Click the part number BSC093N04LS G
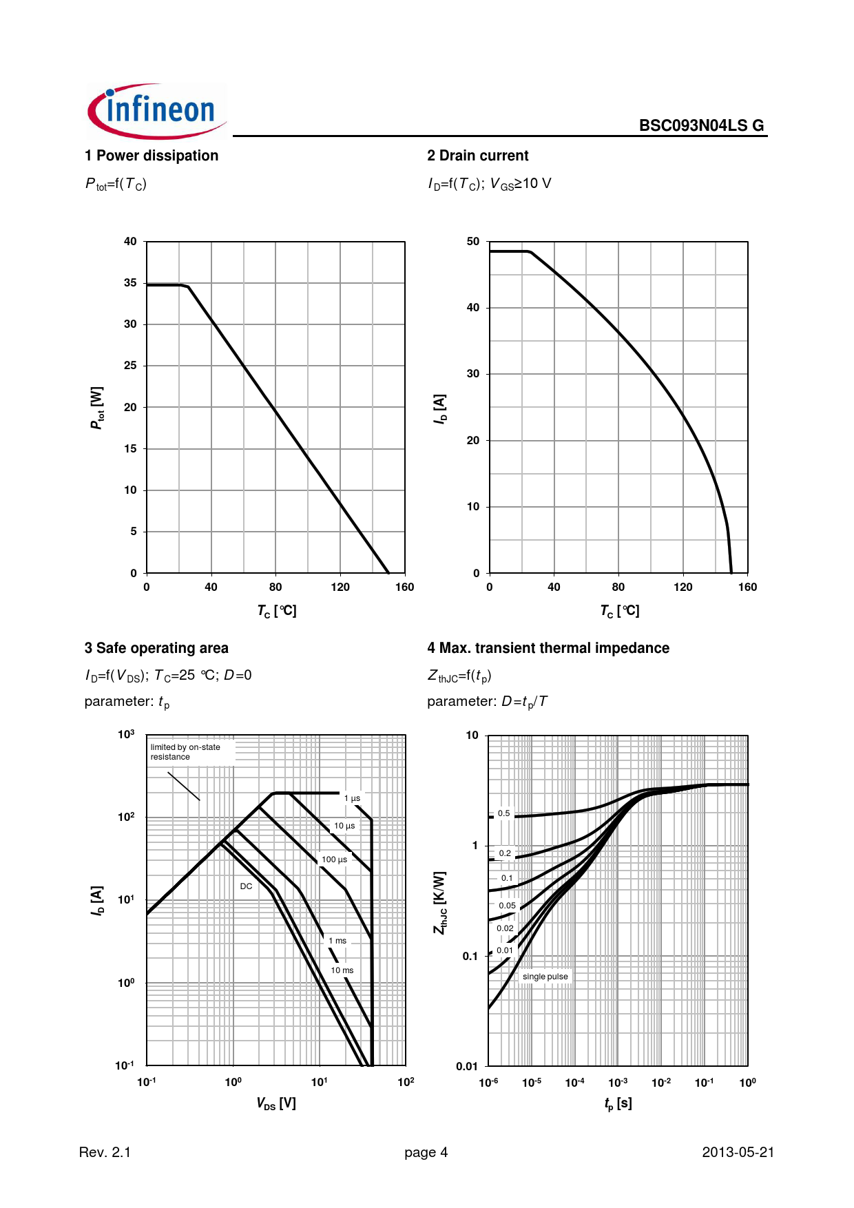coord(701,125)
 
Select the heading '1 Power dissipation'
coord(152,156)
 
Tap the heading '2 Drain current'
coord(478,156)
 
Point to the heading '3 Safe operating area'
coord(156,648)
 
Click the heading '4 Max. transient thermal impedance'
coord(548,648)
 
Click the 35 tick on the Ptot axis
coord(130,283)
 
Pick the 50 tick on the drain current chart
coord(473,242)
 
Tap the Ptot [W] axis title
coord(97,408)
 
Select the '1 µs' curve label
coord(352,798)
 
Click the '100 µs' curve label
coord(334,860)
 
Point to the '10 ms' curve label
coord(342,970)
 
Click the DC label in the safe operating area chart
coord(246,886)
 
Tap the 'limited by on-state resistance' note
coord(185,752)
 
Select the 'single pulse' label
coord(545,977)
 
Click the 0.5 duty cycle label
coord(504,813)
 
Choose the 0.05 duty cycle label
coord(507,906)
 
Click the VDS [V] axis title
coord(276,1103)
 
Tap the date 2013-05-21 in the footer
coord(738,1152)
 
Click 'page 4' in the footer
coord(426,1152)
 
